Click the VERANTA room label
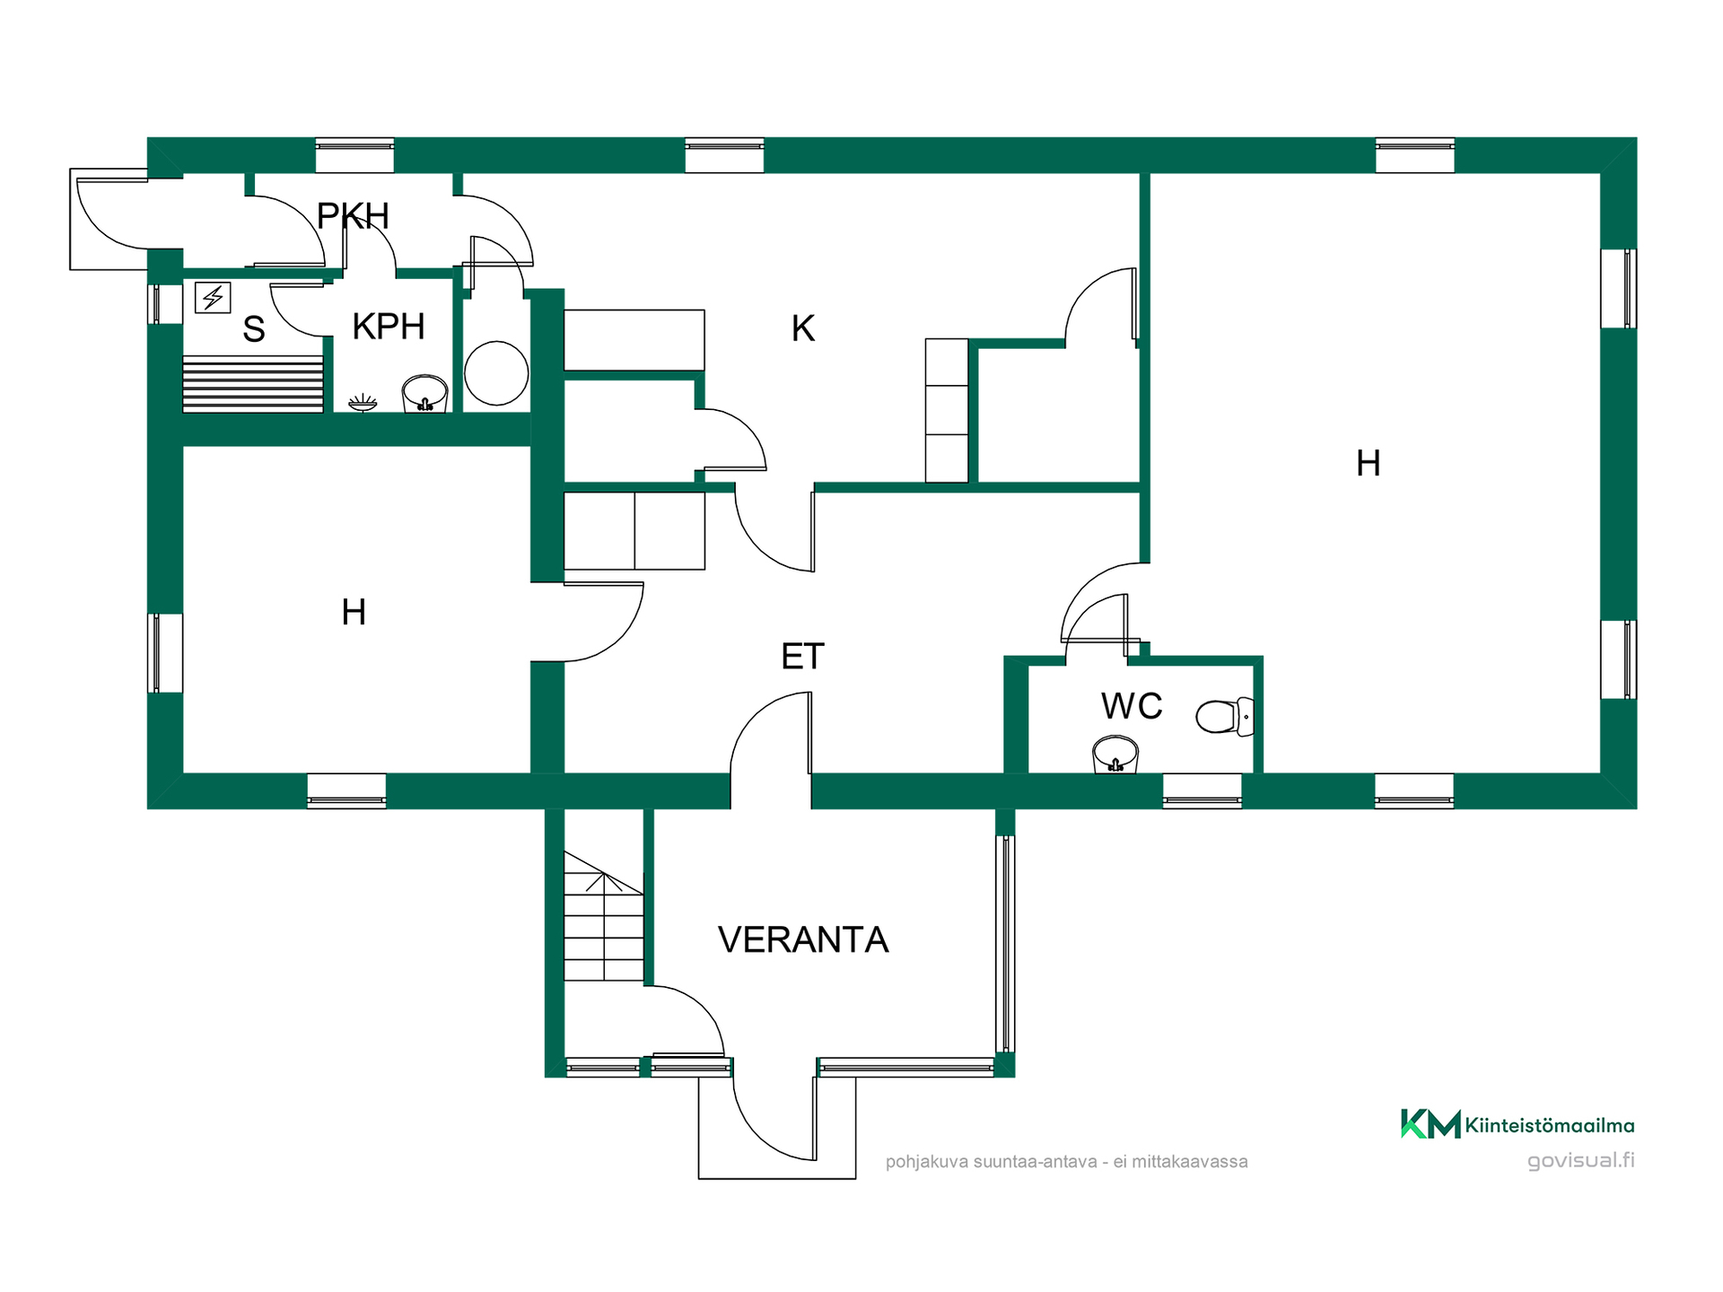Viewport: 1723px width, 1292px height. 803,939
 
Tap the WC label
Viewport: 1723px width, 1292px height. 1132,706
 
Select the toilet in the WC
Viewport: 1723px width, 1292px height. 1225,716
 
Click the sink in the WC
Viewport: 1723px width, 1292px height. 1115,754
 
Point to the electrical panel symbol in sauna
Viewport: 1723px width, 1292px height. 213,297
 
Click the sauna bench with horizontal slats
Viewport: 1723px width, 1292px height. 253,384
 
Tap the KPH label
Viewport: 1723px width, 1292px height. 389,327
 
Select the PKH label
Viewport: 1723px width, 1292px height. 353,216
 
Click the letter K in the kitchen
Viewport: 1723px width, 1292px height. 803,328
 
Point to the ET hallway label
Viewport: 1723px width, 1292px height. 802,657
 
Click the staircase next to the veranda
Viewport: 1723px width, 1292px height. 604,916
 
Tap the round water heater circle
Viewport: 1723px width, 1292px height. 496,373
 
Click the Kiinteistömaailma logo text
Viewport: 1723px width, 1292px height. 1550,1125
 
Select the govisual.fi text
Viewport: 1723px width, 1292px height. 1581,1160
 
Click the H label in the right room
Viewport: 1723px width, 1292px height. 1369,463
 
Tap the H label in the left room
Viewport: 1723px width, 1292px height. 354,612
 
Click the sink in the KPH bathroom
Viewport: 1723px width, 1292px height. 424,393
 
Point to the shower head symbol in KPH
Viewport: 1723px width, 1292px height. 363,402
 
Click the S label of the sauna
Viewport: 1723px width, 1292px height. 254,329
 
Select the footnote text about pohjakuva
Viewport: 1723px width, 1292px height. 1066,1162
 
